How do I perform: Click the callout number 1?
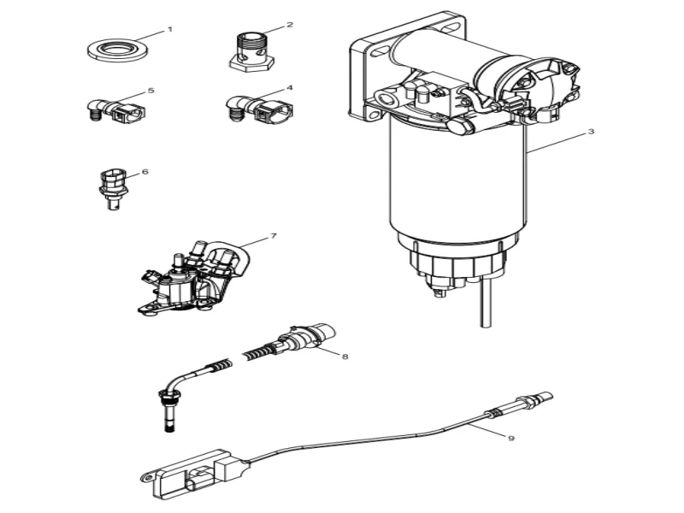169,29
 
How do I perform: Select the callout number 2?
289,25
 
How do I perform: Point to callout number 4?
289,88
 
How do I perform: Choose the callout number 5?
150,90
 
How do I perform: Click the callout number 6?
144,172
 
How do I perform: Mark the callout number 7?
273,236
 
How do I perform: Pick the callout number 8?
344,357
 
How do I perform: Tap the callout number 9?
510,438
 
